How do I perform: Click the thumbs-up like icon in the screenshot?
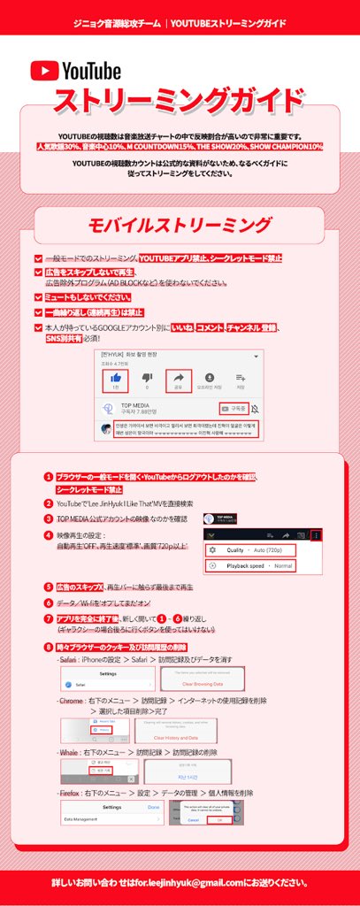(x=114, y=379)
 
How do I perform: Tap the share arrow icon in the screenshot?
(x=179, y=379)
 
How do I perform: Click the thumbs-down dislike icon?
(x=146, y=379)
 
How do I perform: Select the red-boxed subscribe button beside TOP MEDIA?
(x=233, y=409)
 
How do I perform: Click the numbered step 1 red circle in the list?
(x=49, y=477)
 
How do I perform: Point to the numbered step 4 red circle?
(x=49, y=535)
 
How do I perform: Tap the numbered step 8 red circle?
(x=49, y=648)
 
